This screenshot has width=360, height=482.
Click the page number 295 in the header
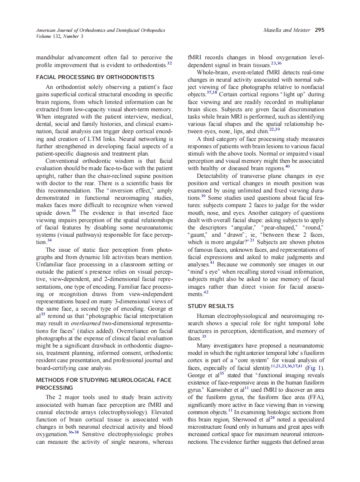coord(319,30)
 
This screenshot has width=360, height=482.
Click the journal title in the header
coord(101,31)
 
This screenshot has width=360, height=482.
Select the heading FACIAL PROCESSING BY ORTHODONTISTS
coord(95,77)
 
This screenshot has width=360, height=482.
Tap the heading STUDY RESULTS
coord(211,306)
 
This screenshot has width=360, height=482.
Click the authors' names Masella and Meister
coord(287,31)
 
